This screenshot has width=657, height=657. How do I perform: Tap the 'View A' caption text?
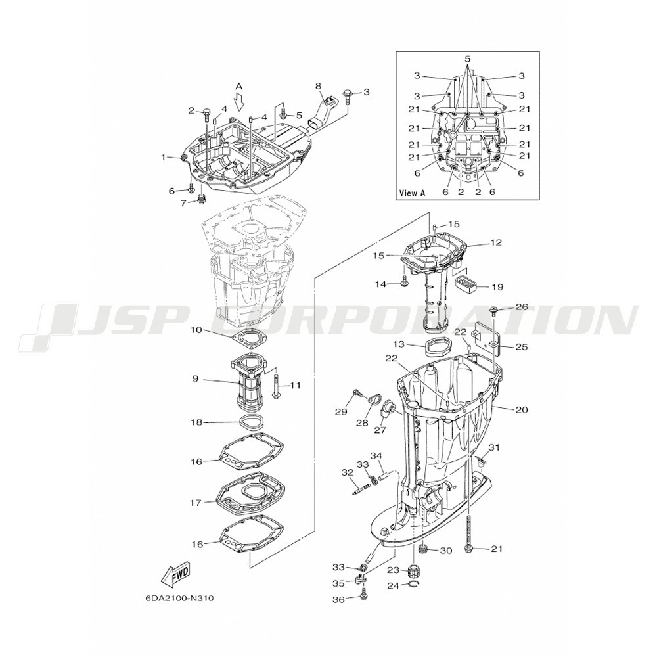[x=413, y=193]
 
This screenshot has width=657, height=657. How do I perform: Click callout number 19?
[x=497, y=288]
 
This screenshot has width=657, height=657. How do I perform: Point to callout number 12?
[x=496, y=242]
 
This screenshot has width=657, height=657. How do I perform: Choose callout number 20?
[x=522, y=410]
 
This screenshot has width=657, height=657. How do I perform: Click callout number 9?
[x=195, y=379]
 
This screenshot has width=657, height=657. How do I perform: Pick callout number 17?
[x=196, y=503]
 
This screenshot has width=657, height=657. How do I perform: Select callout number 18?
[x=196, y=422]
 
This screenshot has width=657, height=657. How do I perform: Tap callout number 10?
[x=196, y=330]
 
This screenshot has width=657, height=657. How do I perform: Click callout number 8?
[x=318, y=86]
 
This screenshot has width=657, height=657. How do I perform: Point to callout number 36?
[x=339, y=600]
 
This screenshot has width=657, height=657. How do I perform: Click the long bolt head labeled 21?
[x=468, y=549]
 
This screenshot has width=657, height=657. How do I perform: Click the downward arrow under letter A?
[x=240, y=102]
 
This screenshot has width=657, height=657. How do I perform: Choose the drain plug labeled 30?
[x=423, y=547]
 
